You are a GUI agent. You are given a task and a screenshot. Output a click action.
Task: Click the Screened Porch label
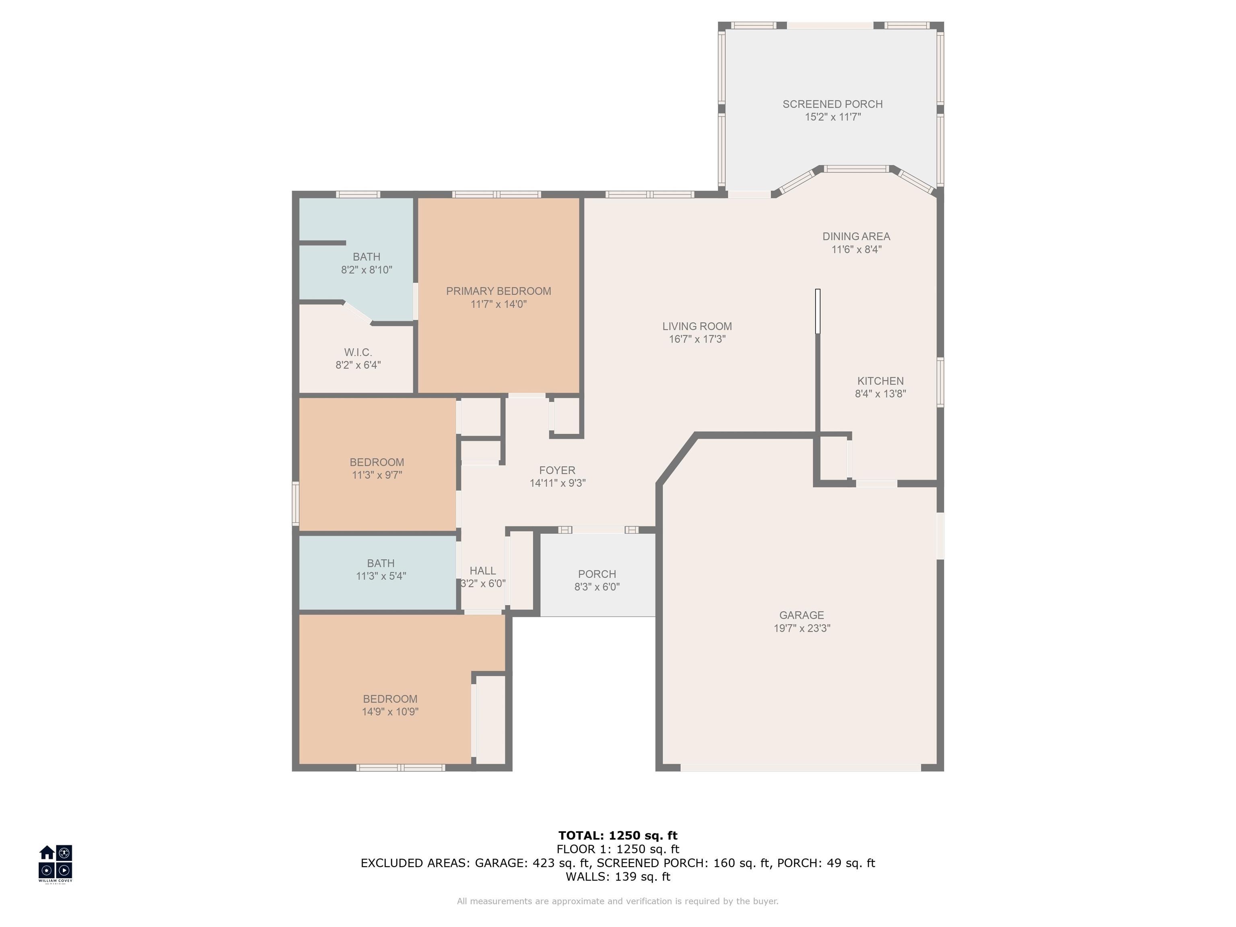tap(832, 104)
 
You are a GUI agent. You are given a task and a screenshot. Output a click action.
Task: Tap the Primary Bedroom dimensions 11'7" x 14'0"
tap(499, 304)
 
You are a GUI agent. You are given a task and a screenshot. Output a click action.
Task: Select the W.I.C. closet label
tap(358, 352)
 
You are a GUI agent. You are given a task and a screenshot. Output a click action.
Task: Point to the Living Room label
tap(697, 326)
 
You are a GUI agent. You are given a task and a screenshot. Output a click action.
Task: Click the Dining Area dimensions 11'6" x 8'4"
tap(857, 249)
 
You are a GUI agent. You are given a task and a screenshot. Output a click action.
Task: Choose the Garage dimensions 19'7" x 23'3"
tap(802, 628)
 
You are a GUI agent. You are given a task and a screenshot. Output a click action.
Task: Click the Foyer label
tap(557, 470)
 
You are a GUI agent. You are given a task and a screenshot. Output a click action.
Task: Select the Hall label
tap(483, 571)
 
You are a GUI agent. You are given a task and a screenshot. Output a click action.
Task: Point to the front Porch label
tap(597, 574)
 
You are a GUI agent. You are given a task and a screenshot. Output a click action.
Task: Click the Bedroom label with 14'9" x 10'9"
tap(390, 699)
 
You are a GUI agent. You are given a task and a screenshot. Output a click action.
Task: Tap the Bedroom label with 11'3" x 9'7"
tap(377, 462)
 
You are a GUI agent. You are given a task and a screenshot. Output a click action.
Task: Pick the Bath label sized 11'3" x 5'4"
tap(381, 563)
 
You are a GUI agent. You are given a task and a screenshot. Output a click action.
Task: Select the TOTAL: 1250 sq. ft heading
tap(618, 835)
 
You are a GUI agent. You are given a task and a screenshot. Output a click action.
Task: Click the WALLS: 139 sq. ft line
tap(618, 877)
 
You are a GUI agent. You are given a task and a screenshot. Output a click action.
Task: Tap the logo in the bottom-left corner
tap(55, 863)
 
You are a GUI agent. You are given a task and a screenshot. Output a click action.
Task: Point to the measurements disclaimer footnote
tap(618, 901)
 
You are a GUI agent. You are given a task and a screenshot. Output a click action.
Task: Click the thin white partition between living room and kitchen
tap(818, 311)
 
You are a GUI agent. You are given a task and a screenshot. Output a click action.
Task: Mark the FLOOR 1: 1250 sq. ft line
tap(618, 849)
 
